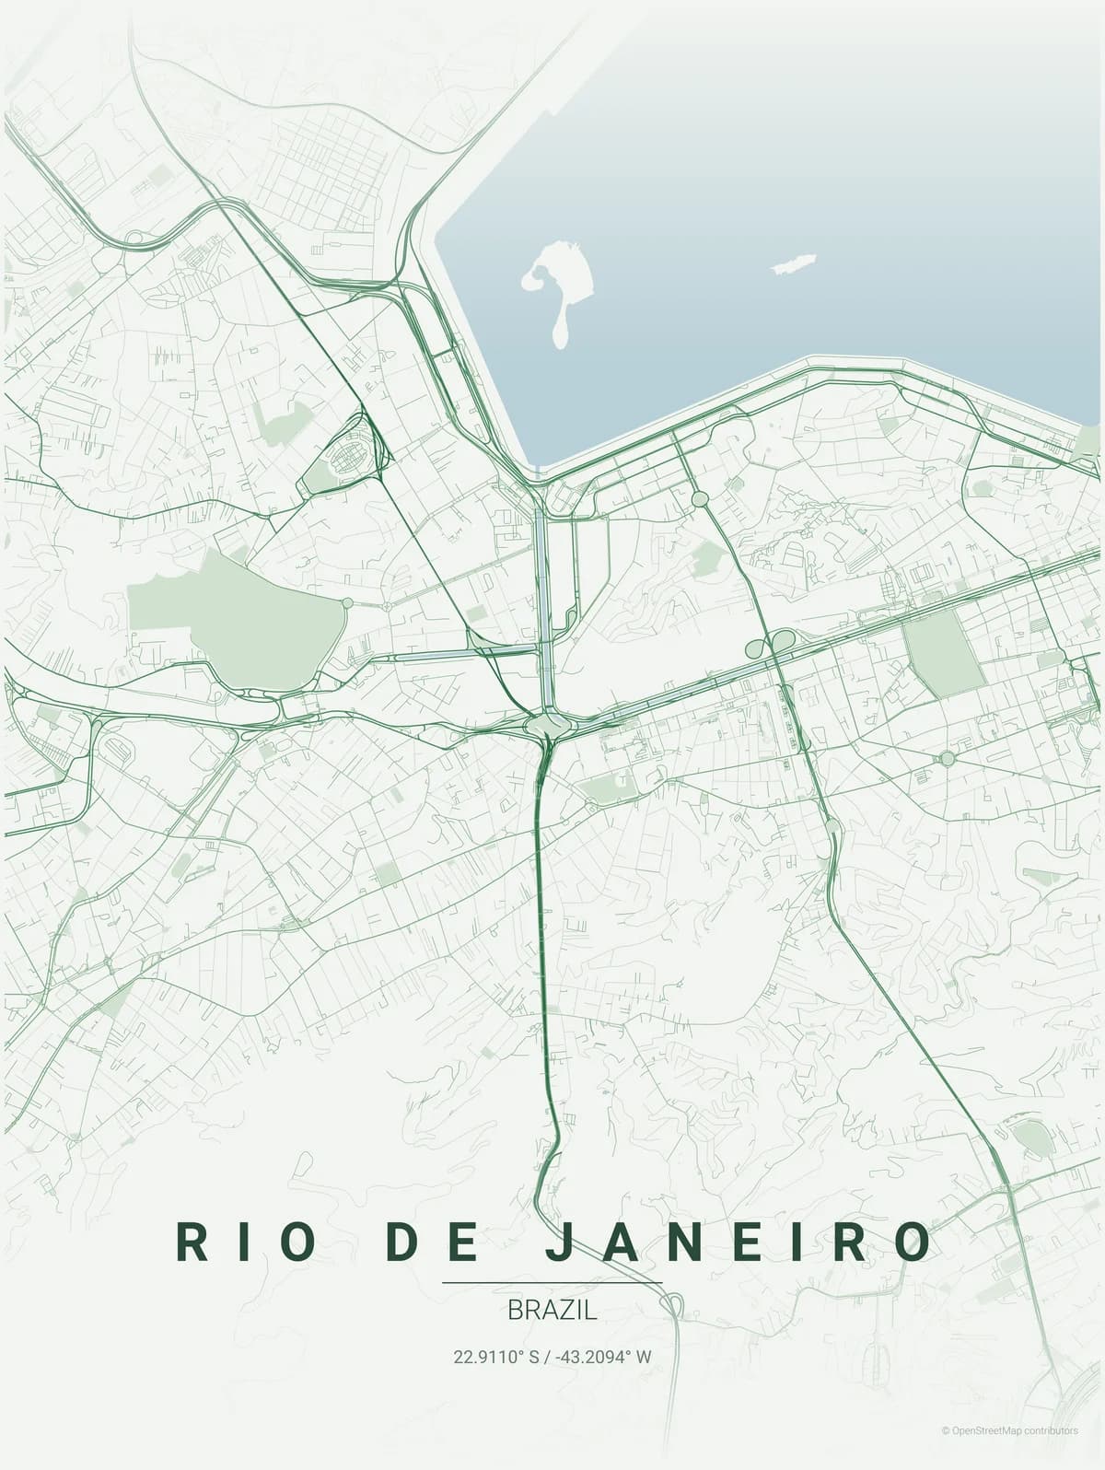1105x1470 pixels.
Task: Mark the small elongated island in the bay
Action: click(x=793, y=264)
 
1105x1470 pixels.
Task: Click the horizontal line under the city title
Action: click(x=552, y=1282)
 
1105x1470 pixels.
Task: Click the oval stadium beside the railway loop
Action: click(x=349, y=453)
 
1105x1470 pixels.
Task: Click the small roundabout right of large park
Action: click(x=347, y=602)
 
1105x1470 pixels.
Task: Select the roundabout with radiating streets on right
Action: click(x=947, y=758)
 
